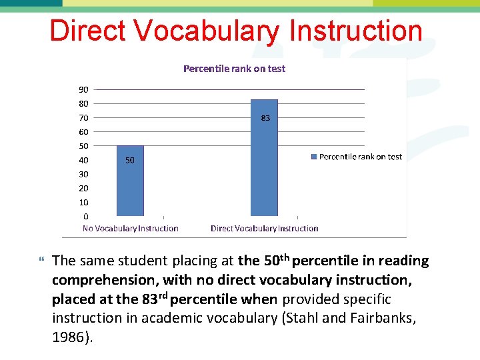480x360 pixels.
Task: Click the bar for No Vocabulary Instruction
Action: (x=130, y=181)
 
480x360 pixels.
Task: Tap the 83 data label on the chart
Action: (x=265, y=118)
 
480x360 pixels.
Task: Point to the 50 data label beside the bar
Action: (x=130, y=160)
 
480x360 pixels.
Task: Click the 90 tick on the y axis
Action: (x=83, y=89)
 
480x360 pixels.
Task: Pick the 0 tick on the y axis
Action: (x=85, y=216)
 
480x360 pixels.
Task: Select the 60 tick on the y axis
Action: (x=83, y=132)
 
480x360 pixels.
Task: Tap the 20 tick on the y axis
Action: (x=83, y=188)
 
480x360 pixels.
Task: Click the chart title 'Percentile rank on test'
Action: (x=234, y=69)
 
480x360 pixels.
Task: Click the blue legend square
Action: (x=314, y=157)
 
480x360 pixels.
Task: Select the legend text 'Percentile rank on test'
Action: (x=361, y=157)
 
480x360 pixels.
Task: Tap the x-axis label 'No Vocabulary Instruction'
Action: (x=131, y=229)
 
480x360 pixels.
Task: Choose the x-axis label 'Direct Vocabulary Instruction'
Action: (x=265, y=229)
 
